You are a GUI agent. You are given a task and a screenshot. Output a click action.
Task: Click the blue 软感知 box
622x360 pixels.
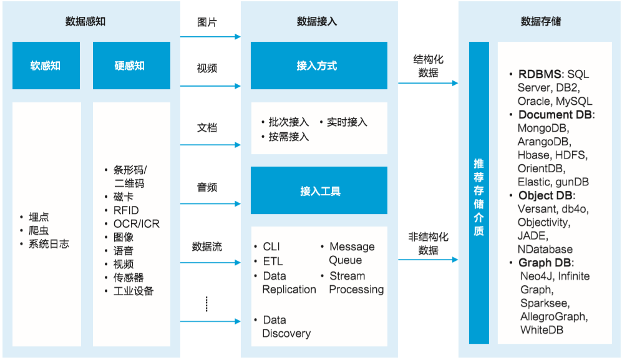(x=46, y=66)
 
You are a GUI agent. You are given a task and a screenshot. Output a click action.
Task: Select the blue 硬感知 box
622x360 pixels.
(x=131, y=66)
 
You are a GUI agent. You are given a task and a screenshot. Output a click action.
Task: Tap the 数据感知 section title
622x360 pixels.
(x=85, y=21)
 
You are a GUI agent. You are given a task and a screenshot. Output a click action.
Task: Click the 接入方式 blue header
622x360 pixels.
(x=318, y=66)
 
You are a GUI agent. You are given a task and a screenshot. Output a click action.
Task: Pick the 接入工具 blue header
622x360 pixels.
(x=318, y=190)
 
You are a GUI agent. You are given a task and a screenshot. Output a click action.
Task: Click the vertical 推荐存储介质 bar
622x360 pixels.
(x=479, y=193)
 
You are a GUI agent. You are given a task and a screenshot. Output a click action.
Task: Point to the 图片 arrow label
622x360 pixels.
(x=207, y=22)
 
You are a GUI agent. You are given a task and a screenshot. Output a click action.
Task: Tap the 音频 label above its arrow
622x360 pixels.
(x=207, y=187)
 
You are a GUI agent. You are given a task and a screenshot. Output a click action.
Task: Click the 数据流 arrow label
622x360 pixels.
(x=207, y=246)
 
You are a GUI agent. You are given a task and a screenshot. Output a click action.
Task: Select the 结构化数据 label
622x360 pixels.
(x=428, y=66)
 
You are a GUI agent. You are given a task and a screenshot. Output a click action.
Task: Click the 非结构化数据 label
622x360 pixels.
(x=428, y=243)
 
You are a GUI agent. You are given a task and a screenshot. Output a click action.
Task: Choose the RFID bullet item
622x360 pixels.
(x=126, y=210)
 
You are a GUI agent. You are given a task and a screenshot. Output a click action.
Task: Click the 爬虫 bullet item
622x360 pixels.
(x=39, y=230)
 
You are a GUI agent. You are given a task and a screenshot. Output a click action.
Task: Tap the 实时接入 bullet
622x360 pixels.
(x=347, y=122)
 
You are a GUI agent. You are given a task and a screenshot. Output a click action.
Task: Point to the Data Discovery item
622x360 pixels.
(x=286, y=326)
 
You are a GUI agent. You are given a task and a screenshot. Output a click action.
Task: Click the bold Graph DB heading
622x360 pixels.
(x=545, y=263)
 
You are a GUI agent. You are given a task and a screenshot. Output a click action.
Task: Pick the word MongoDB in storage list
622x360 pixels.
(x=541, y=128)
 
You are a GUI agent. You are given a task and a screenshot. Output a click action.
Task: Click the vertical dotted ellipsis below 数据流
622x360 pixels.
(x=207, y=304)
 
